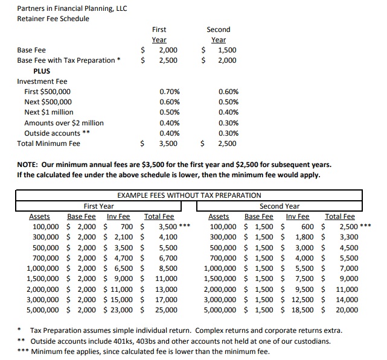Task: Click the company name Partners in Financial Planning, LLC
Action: point(72,8)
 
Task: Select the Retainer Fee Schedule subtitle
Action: point(53,19)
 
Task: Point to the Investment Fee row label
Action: point(42,81)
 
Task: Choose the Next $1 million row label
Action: point(49,112)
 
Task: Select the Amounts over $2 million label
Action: point(64,123)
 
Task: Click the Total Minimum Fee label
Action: point(49,144)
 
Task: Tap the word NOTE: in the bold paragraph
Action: point(30,165)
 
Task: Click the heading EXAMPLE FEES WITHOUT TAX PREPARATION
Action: point(188,195)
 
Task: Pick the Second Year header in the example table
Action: point(280,206)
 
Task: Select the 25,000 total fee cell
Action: point(167,310)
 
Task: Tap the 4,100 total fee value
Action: point(167,238)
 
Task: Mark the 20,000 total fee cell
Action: point(347,310)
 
